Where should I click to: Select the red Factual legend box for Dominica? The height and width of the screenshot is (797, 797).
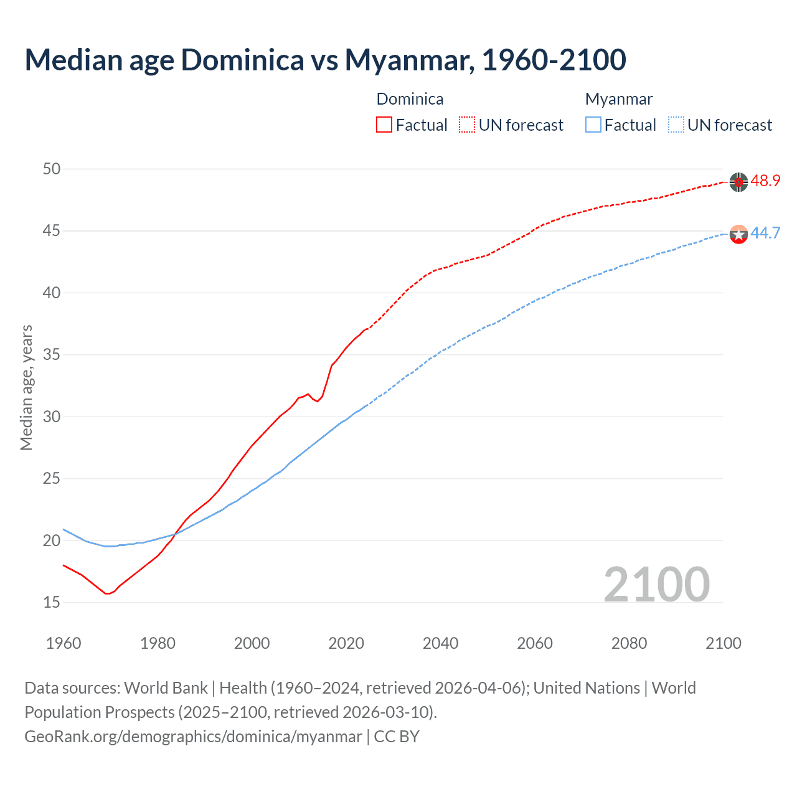(384, 125)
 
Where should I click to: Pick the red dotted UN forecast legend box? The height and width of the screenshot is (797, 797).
(467, 125)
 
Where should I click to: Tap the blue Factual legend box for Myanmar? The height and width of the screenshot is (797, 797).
(593, 125)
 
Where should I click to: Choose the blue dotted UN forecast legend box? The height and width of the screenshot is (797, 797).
(676, 125)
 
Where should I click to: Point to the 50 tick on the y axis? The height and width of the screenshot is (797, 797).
(52, 169)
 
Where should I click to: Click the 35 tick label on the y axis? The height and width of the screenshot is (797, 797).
(52, 355)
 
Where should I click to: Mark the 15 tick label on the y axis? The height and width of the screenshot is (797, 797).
(52, 602)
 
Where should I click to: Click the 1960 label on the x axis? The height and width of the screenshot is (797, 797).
(64, 643)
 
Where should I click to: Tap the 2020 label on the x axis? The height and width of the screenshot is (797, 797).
(346, 643)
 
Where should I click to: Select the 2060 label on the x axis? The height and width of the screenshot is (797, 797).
(535, 643)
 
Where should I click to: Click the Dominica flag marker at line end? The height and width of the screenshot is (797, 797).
(738, 182)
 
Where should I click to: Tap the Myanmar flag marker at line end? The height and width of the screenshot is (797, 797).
(738, 234)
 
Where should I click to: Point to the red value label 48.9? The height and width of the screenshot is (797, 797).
(765, 181)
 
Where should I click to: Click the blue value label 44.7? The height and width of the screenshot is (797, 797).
(765, 233)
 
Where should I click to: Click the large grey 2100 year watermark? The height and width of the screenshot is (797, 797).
(656, 584)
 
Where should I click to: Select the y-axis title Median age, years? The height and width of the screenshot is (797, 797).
(27, 387)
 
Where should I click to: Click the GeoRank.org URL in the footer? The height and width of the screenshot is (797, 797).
(193, 737)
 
